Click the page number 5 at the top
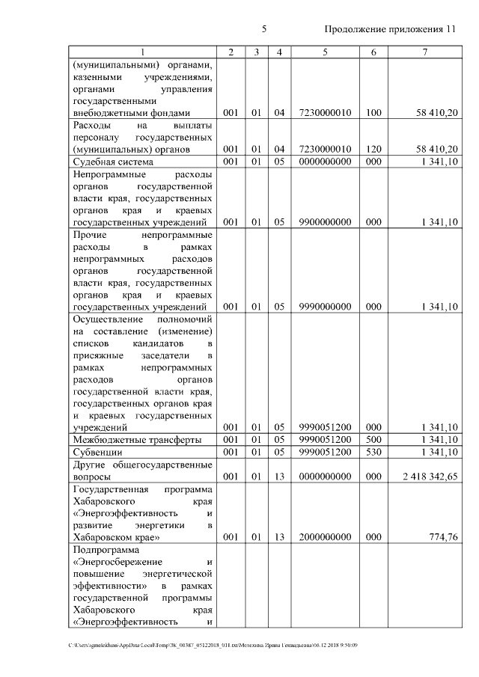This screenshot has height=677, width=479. [x=264, y=29]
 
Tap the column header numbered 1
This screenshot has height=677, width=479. [x=143, y=52]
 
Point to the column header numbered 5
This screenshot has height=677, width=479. [x=325, y=52]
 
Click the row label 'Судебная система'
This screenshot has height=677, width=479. [x=113, y=162]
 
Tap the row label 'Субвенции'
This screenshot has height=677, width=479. [x=97, y=453]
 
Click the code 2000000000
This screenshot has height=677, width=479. [x=325, y=536]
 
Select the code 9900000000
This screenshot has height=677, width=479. [x=325, y=222]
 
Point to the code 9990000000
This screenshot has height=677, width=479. [x=325, y=306]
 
